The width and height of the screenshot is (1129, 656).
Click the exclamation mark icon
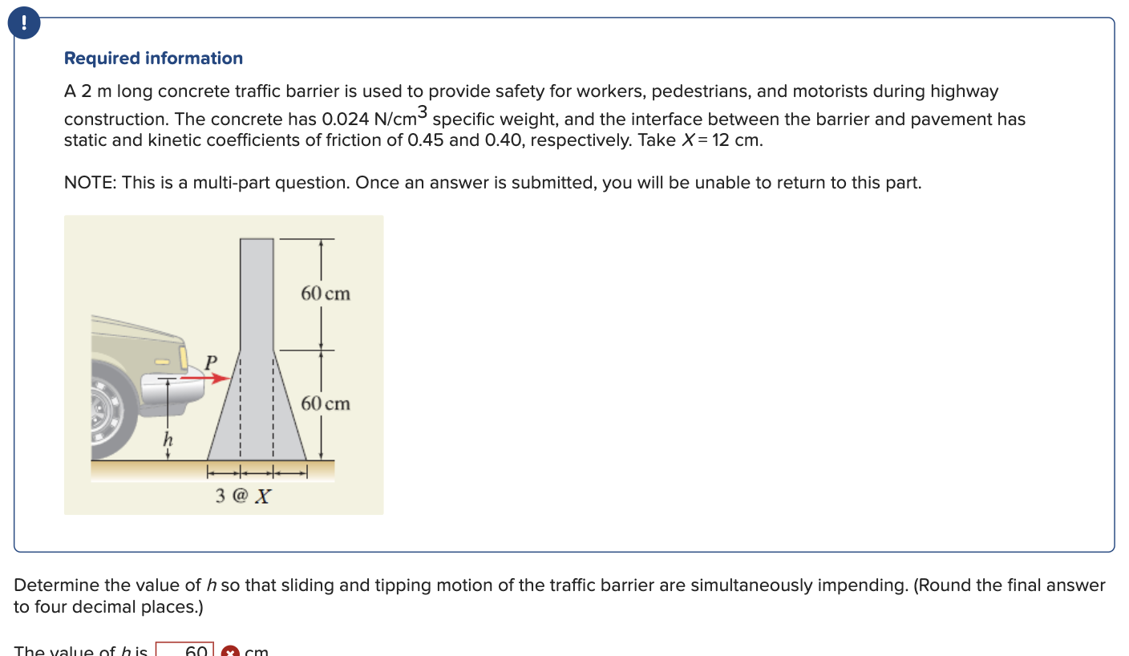24,24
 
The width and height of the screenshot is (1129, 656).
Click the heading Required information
153,59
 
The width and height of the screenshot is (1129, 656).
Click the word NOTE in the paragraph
88,183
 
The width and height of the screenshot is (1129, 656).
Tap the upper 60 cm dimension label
326,294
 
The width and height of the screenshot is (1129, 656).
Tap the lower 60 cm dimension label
326,403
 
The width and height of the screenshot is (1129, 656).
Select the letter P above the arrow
211,362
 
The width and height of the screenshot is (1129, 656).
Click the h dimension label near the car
167,439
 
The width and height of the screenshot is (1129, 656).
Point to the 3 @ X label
243,496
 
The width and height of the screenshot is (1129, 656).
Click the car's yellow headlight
184,354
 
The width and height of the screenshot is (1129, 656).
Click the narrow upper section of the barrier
257,293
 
